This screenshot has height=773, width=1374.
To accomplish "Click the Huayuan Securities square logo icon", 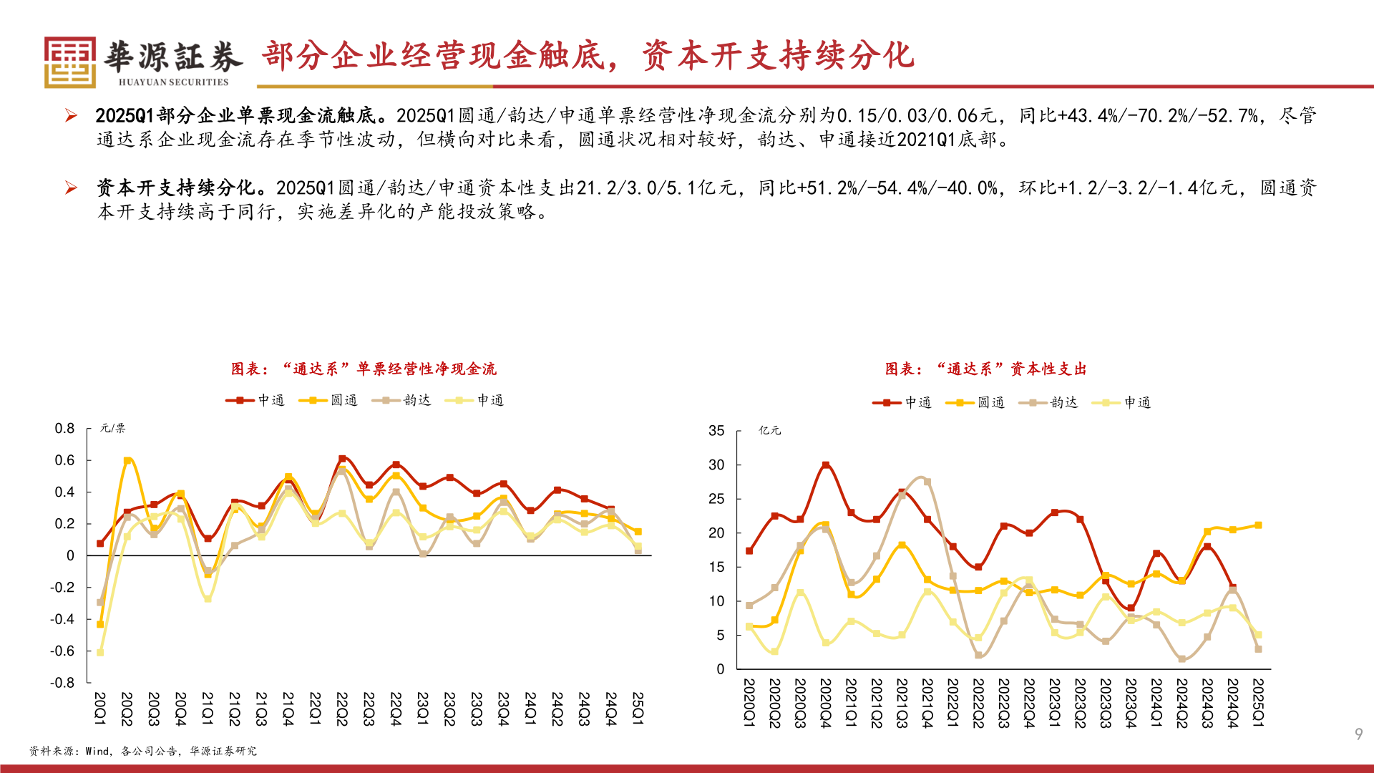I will (69, 62).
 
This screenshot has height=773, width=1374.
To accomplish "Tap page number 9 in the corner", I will (1358, 734).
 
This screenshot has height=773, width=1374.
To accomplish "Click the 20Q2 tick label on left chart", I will (127, 709).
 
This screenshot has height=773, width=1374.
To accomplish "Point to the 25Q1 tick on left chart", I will (638, 709).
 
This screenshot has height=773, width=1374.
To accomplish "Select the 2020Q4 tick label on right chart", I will (825, 703).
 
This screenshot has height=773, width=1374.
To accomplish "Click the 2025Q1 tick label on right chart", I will (1258, 703).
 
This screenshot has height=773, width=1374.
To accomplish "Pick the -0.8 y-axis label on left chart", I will (62, 682).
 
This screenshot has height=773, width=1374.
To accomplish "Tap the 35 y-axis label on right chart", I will (716, 431).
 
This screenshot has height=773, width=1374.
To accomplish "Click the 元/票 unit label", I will (112, 428).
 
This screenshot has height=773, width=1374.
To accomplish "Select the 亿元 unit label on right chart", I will (769, 430).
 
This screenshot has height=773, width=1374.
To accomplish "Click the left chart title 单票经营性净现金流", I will (364, 369).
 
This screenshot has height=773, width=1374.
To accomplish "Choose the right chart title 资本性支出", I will (986, 369).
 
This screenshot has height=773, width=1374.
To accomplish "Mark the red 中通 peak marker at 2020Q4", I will (826, 465).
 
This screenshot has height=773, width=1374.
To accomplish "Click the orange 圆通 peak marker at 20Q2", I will (127, 461).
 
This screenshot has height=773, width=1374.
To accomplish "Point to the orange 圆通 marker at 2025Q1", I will (1258, 525).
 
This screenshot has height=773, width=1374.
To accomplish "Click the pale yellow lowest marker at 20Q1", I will (100, 652).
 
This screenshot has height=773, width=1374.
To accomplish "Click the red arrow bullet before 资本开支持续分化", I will (71, 188).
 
